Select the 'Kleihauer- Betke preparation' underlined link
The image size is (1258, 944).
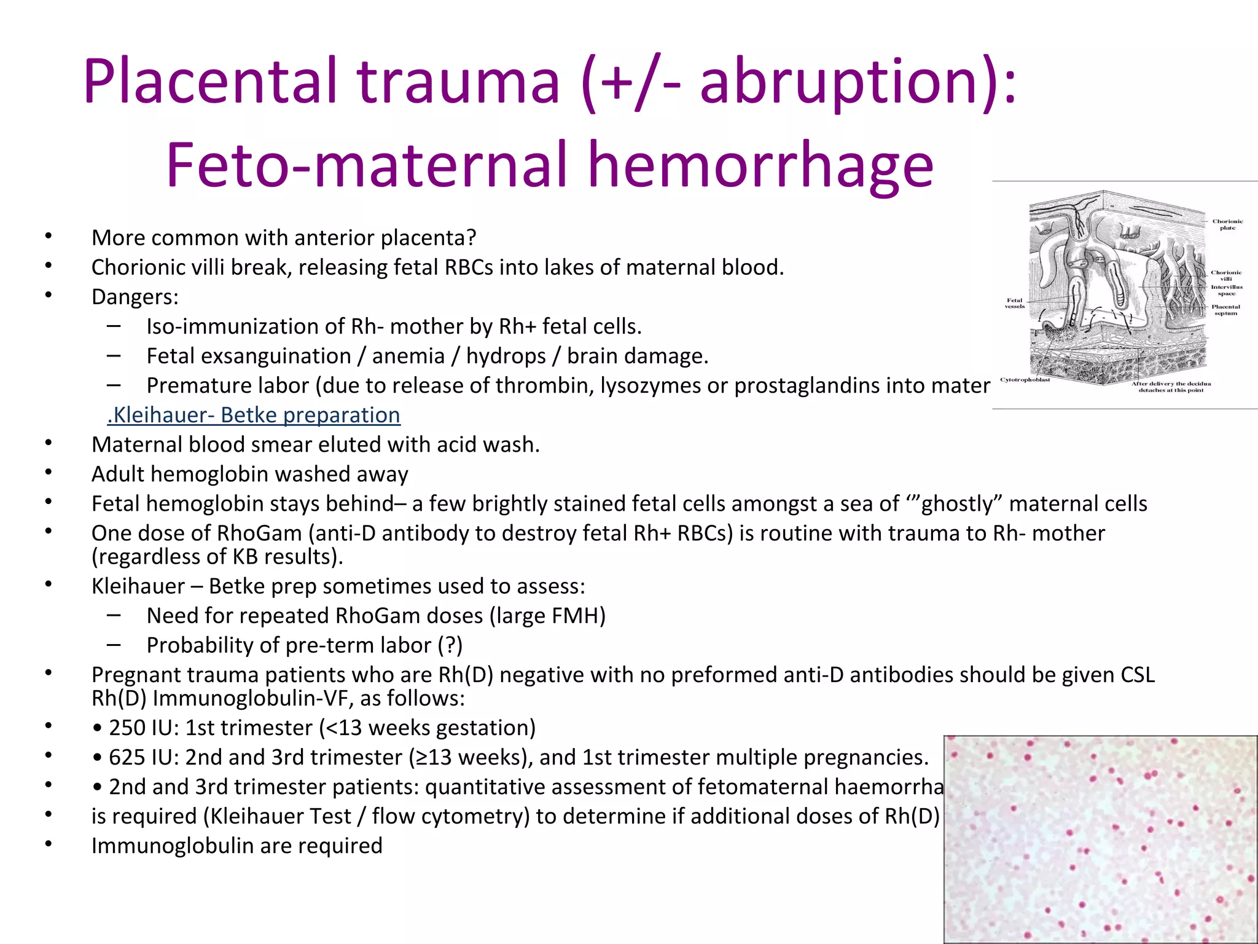click(254, 415)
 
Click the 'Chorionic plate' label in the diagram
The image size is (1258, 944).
click(1227, 224)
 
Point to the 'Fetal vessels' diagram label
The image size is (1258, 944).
click(1014, 303)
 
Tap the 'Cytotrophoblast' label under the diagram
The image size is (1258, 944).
click(1025, 380)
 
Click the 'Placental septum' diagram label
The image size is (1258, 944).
click(1225, 310)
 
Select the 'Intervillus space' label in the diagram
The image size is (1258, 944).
click(1227, 290)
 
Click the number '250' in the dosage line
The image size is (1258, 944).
click(128, 728)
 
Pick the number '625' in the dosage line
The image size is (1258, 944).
click(128, 757)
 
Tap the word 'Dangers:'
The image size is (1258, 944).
click(135, 297)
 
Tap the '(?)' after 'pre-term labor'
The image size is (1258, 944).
click(450, 645)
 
